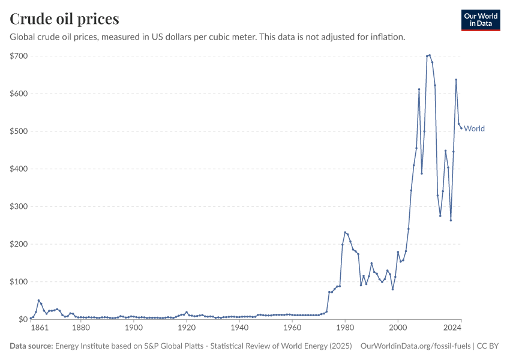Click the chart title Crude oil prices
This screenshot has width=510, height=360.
tap(64, 19)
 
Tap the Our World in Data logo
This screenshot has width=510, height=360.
tap(480, 20)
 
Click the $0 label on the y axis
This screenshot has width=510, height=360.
tap(22, 319)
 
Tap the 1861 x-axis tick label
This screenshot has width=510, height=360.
tap(38, 328)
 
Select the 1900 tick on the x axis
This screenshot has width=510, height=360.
tap(134, 328)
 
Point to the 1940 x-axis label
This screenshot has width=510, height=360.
tap(239, 328)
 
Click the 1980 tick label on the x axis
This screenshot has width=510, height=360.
tap(345, 328)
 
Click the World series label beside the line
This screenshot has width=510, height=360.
tap(474, 128)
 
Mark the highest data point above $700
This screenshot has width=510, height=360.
tap(430, 55)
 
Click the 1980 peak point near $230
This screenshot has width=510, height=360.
tap(345, 232)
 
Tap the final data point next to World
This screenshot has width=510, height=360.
tap(461, 128)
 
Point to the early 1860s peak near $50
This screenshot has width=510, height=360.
tap(38, 301)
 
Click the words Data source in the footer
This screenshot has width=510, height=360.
tap(31, 346)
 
